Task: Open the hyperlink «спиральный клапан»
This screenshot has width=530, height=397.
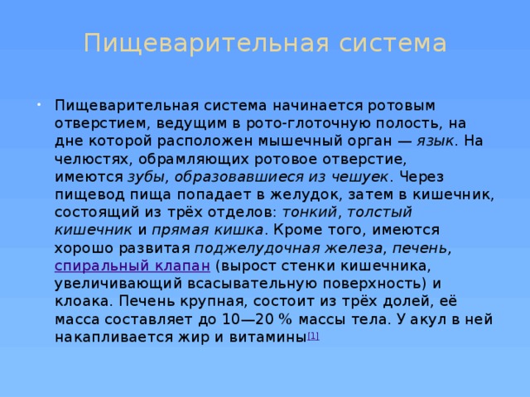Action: coord(132,265)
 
